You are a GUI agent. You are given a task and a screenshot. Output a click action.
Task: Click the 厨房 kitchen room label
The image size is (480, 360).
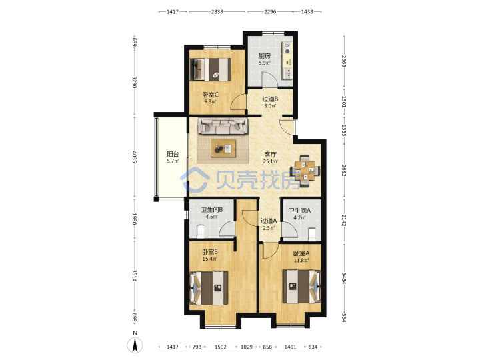[265, 56]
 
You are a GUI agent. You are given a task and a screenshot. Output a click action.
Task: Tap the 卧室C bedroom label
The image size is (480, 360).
[210, 95]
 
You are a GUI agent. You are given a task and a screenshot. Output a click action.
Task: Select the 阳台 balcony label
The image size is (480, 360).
[173, 154]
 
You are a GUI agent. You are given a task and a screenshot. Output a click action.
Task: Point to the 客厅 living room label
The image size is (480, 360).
[270, 155]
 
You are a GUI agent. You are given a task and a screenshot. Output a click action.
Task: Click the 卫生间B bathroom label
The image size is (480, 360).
[211, 210]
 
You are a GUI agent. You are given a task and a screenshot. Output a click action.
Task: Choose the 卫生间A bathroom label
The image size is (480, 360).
[300, 211]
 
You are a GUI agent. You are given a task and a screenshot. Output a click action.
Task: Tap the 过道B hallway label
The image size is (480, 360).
[270, 99]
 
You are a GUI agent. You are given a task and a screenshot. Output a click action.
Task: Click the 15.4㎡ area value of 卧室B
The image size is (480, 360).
[210, 259]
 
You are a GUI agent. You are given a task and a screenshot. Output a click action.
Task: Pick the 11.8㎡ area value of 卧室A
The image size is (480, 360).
[301, 261]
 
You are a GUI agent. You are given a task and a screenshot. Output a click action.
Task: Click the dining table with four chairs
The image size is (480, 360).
[305, 171]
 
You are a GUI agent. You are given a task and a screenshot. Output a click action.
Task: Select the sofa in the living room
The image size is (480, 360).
[223, 126]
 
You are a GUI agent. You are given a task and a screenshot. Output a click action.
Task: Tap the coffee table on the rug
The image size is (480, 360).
[223, 148]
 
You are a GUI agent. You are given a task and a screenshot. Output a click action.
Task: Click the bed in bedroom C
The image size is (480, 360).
[210, 69]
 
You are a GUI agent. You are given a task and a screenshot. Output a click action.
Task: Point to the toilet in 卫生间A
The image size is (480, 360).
[312, 233]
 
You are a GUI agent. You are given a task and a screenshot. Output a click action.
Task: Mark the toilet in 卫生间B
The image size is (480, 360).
[201, 231]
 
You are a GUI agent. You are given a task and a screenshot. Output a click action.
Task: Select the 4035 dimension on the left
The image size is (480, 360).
[135, 157]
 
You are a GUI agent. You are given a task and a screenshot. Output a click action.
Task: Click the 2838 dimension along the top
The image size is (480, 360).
[217, 11]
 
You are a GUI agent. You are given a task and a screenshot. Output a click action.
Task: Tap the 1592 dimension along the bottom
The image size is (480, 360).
[221, 347]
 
